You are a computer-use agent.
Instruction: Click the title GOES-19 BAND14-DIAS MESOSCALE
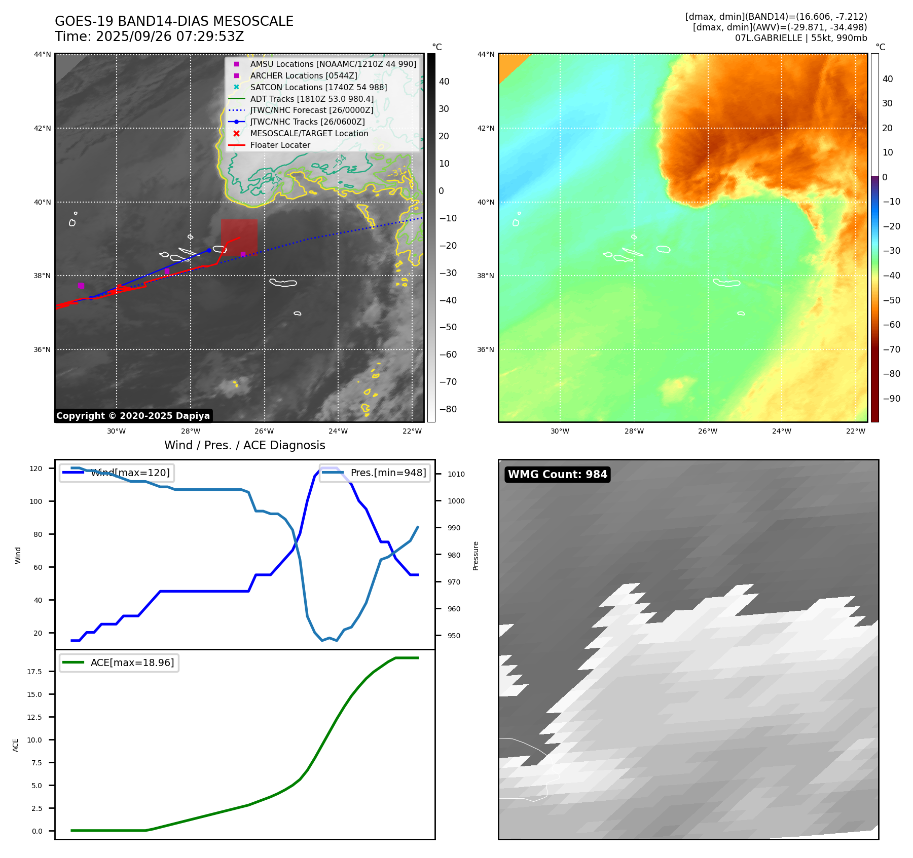174,21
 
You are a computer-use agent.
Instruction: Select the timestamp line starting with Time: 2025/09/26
150,36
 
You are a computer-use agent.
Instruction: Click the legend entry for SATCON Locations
318,87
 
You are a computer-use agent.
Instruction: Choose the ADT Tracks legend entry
312,99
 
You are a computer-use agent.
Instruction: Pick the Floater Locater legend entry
280,145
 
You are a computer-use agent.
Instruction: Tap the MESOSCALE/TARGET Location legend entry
309,133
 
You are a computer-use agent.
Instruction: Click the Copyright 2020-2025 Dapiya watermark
133,416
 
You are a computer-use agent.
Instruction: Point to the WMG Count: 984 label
557,475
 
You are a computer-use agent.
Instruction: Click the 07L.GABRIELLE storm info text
801,38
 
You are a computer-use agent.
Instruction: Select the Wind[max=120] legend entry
130,473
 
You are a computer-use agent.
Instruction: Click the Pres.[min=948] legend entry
388,473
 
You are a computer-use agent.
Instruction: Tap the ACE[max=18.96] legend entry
132,662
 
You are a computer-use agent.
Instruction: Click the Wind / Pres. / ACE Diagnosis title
244,445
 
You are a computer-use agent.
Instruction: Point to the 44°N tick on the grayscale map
42,54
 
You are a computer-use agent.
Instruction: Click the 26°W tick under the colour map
708,431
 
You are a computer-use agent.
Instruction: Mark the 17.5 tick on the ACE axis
34,672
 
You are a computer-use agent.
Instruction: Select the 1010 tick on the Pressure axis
456,474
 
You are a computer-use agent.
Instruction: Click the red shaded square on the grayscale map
239,236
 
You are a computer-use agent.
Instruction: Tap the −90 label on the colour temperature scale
891,399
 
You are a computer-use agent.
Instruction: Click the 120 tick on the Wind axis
36,469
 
